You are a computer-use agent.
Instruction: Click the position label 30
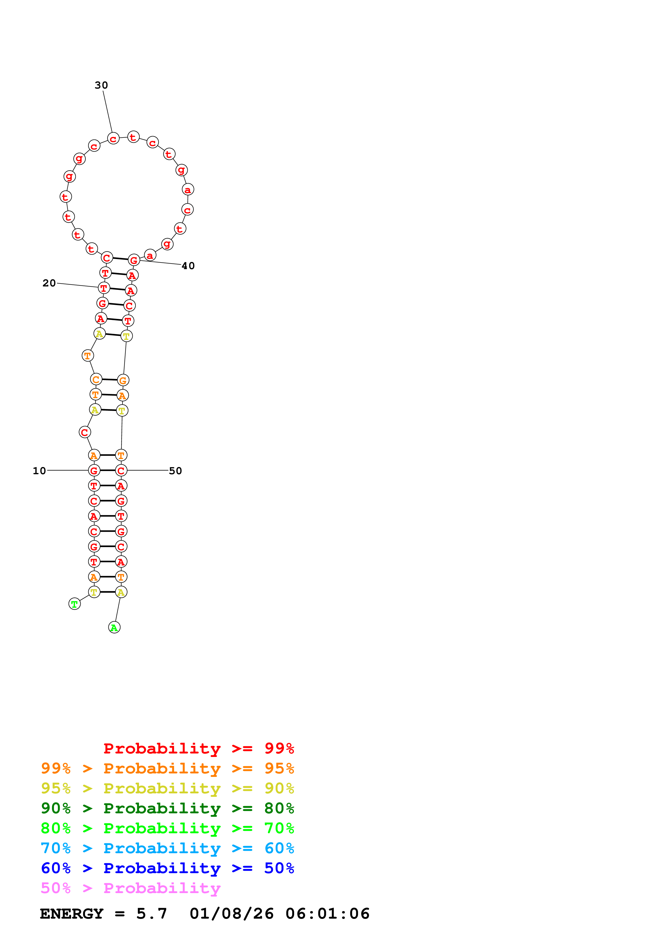coord(101,85)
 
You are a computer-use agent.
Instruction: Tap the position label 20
coord(49,283)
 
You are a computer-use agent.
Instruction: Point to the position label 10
coord(39,471)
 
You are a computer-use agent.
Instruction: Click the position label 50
coord(175,471)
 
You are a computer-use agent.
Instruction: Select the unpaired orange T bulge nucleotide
coord(87,356)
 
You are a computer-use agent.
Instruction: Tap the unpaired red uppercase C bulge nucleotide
coord(85,432)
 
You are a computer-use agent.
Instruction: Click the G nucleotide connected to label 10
coord(94,470)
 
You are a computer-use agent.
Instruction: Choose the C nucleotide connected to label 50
coord(121,470)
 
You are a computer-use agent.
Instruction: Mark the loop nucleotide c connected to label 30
coord(113,139)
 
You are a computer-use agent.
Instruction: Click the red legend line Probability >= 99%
coord(199,748)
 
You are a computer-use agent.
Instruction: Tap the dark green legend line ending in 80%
coord(167,808)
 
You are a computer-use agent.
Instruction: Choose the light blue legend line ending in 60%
coord(167,848)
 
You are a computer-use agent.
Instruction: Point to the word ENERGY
coord(72,914)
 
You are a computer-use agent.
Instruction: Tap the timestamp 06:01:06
coord(327,914)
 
